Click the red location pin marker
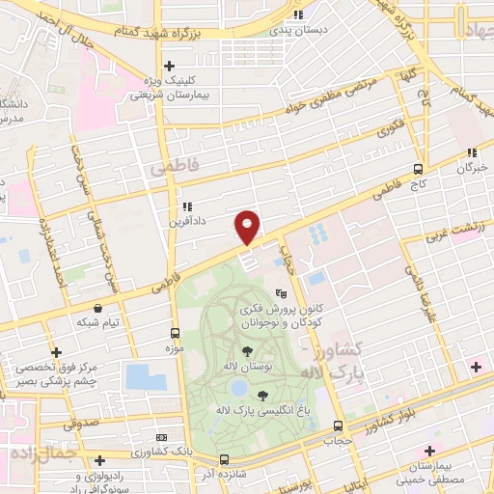point(248,227)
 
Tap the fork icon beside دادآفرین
point(186,206)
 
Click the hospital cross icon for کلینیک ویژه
point(170,66)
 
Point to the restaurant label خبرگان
point(470,167)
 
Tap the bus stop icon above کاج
point(418,166)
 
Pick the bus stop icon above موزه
point(175,329)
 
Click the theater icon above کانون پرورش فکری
point(281,293)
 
